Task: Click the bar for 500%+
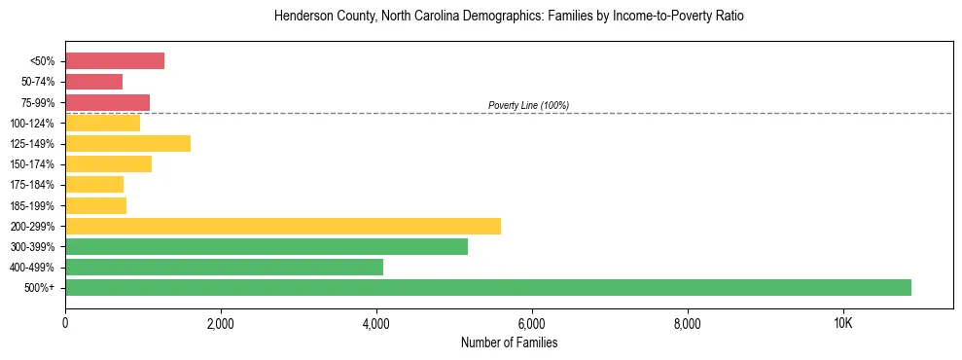(x=488, y=287)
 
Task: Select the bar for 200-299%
(x=283, y=226)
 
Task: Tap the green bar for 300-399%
(x=267, y=246)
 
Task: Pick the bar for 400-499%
(x=224, y=267)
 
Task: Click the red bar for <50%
(x=115, y=61)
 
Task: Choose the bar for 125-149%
(x=127, y=143)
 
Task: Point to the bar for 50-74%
(x=93, y=82)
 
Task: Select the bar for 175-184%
(x=94, y=185)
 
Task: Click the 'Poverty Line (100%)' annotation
(x=528, y=105)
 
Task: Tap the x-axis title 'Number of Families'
(x=509, y=343)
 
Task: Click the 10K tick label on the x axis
(x=843, y=324)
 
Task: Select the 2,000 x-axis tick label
(x=221, y=324)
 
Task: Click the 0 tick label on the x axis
(x=65, y=324)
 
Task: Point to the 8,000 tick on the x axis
(x=688, y=324)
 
